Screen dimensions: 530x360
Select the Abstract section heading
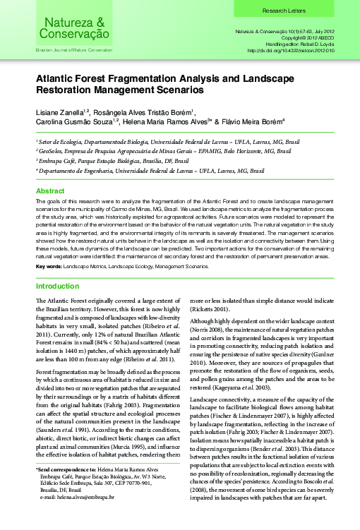50,191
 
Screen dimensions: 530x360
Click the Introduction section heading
58,287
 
